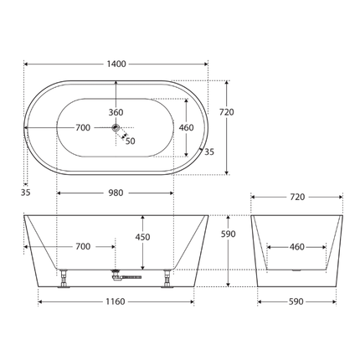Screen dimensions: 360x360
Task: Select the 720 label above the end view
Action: (297, 198)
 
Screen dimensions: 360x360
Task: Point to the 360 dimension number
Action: (116, 112)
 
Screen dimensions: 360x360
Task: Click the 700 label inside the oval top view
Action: (82, 128)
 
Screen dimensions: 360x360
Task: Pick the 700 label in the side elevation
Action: (82, 247)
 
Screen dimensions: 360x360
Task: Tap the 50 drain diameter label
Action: (130, 141)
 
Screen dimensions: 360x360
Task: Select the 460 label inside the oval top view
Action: (186, 128)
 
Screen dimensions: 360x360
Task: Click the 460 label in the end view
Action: (297, 247)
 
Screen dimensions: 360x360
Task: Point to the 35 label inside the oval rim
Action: (208, 152)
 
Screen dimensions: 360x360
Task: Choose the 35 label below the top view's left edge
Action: (25, 193)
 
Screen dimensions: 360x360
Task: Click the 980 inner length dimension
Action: (116, 193)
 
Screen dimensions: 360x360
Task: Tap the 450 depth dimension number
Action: (143, 237)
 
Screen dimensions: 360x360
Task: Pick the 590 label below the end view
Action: (297, 301)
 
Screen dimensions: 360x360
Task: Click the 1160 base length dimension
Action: (116, 301)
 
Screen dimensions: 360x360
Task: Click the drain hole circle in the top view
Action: (116, 128)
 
